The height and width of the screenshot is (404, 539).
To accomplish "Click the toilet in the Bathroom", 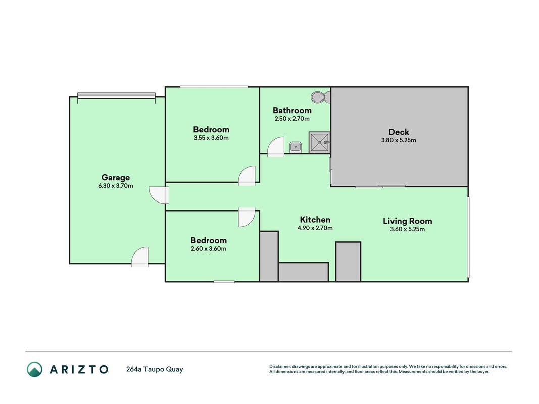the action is point(320,97).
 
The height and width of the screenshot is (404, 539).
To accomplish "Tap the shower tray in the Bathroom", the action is point(319,142).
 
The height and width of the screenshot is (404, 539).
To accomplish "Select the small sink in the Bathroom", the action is point(296,147).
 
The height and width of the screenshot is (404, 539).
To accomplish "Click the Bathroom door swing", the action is point(276,147).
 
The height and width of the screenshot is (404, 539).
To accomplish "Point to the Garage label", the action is point(116,178).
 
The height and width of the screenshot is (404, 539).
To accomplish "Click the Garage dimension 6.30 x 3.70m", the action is point(116,186).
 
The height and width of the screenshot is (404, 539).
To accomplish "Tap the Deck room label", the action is point(399,132).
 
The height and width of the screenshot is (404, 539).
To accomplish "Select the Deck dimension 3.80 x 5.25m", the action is point(399,140).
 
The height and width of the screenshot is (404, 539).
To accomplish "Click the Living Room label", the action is point(407,221).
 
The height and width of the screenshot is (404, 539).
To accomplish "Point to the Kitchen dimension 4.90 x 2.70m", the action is point(315,228).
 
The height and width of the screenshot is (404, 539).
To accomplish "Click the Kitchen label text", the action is point(315,220).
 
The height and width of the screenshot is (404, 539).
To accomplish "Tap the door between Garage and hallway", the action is point(159,195).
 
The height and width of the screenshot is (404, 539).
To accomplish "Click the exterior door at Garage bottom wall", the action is point(140,257).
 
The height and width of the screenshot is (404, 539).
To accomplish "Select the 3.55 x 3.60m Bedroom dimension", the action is point(211,138).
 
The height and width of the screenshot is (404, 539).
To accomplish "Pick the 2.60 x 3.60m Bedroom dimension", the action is point(209,249).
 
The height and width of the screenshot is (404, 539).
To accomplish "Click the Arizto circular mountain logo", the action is point(35,369).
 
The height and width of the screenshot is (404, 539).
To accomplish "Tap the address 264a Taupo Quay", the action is point(155,369).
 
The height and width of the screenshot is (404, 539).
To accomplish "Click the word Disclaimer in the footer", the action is point(280,367).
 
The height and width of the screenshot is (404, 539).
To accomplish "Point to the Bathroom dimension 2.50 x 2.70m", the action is point(292,119).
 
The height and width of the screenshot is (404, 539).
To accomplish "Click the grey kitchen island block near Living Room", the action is point(348,262).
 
